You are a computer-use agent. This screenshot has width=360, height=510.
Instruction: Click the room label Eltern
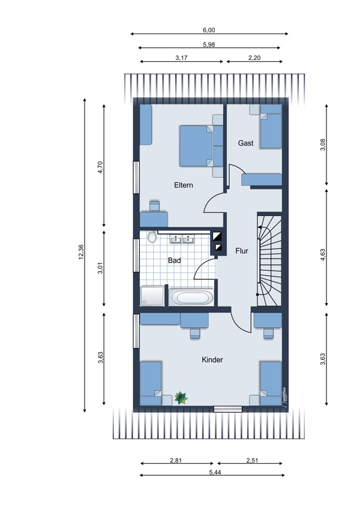[x=184, y=185]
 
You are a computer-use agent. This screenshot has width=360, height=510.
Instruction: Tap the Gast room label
[x=245, y=143]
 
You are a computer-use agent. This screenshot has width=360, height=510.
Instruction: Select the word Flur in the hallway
[x=242, y=251]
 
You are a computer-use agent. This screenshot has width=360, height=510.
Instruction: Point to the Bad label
[x=175, y=260]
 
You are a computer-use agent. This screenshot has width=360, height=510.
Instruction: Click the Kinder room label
[x=212, y=360]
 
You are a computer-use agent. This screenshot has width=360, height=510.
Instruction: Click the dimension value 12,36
[x=81, y=252]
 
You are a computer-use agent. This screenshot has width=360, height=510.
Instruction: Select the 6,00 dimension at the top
[x=209, y=30]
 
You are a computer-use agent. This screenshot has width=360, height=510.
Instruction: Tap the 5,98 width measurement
[x=209, y=44]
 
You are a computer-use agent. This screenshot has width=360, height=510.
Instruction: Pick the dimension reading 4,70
[x=100, y=167]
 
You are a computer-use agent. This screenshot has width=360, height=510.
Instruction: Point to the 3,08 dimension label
[x=323, y=145]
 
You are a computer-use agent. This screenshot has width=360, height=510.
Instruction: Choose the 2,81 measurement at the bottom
[x=176, y=460]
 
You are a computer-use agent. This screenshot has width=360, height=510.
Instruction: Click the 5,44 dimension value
[x=215, y=472]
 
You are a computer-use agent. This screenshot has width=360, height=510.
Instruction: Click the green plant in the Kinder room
[x=181, y=398]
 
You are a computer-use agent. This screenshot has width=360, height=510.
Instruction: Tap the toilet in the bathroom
[x=152, y=237]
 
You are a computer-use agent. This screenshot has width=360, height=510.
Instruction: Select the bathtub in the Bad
[x=191, y=297]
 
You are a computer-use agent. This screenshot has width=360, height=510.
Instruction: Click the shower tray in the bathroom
[x=152, y=296]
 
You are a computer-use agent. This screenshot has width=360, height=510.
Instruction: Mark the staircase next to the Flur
[x=269, y=260]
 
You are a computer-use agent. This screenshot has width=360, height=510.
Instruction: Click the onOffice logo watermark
[x=284, y=397]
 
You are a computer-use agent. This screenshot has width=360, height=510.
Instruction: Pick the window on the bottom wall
[x=227, y=409]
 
